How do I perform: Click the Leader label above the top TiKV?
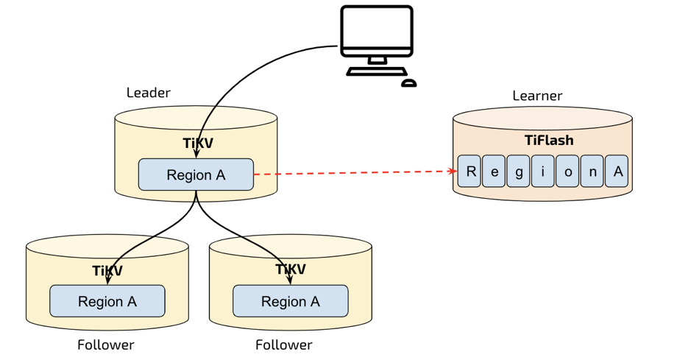pyautogui.click(x=148, y=93)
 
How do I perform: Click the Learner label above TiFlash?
pyautogui.click(x=537, y=96)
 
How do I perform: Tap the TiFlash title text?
pyautogui.click(x=548, y=140)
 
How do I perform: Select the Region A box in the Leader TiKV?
pyautogui.click(x=196, y=175)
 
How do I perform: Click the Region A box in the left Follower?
pyautogui.click(x=107, y=302)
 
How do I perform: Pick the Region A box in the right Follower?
pyautogui.click(x=291, y=302)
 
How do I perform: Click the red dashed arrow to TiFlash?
pyautogui.click(x=353, y=173)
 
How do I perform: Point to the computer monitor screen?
pyautogui.click(x=377, y=28)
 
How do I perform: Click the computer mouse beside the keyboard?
pyautogui.click(x=409, y=83)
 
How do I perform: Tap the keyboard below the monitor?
pyautogui.click(x=376, y=72)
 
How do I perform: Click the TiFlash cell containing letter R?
pyautogui.click(x=469, y=172)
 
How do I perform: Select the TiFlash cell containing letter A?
pyautogui.click(x=617, y=172)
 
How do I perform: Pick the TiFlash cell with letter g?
pyautogui.click(x=518, y=172)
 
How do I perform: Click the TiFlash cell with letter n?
pyautogui.click(x=592, y=172)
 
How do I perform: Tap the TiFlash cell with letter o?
pyautogui.click(x=567, y=172)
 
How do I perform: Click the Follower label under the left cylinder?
pyautogui.click(x=106, y=345)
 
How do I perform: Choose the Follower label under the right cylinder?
pyautogui.click(x=284, y=345)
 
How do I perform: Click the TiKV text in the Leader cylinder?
pyautogui.click(x=197, y=143)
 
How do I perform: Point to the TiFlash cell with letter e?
pyautogui.click(x=494, y=172)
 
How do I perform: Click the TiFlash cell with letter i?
pyautogui.click(x=542, y=172)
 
